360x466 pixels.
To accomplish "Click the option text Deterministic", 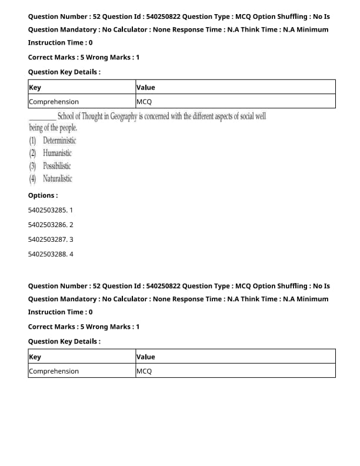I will [59, 141].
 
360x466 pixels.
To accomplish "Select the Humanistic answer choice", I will [57, 154].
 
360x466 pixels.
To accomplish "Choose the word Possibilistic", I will [57, 166].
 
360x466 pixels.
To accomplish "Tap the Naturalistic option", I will [58, 179].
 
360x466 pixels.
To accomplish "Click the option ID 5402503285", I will [48, 210].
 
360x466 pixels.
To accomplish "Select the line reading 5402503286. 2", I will [51, 225].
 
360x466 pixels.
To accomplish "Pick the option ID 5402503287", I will [48, 239].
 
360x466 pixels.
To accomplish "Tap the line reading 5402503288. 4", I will [51, 254].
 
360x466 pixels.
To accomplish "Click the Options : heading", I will [43, 195].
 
